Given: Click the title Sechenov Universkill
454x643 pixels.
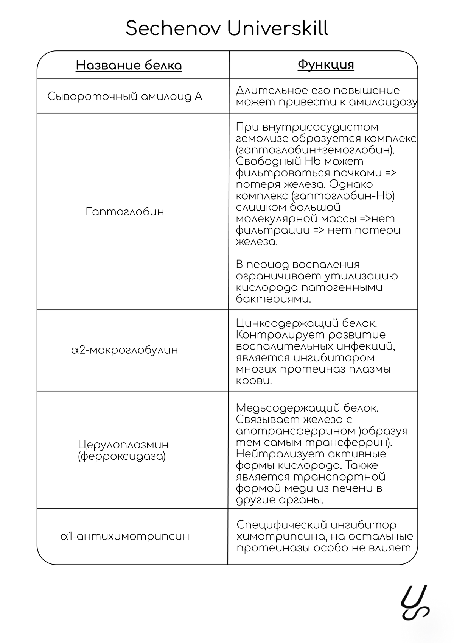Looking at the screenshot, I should coord(227,29).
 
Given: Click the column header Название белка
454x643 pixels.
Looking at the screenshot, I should coord(129,65).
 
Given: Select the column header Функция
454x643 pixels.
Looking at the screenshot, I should coord(326,64).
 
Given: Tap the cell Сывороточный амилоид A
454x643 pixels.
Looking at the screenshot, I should coord(125,97).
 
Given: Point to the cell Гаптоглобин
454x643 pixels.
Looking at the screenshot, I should coord(125,211).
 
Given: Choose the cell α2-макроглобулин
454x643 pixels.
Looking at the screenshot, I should coord(124,350).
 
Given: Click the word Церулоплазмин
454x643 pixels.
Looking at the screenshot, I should coord(123,444).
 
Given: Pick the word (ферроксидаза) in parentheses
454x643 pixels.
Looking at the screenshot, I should coord(121,456).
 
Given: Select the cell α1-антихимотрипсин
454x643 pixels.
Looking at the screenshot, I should coord(125,536).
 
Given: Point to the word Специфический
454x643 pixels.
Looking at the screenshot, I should coord(281,525).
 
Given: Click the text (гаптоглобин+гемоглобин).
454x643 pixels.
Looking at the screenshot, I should coord(315,150).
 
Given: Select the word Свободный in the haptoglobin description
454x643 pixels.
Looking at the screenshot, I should coord(268,161).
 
